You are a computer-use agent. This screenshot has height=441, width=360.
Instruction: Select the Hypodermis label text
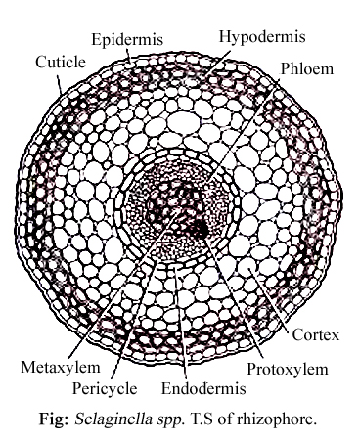pyautogui.click(x=261, y=36)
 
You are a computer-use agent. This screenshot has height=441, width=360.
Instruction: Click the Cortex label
pyautogui.click(x=315, y=335)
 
